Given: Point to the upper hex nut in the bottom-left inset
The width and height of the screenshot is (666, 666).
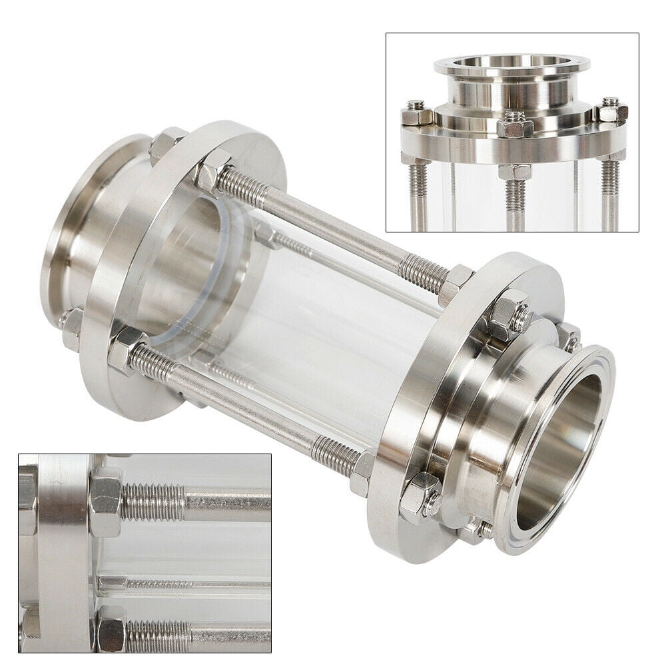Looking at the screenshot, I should click(x=106, y=501).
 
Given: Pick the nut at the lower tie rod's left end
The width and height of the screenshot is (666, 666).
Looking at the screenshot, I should click(x=123, y=350).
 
